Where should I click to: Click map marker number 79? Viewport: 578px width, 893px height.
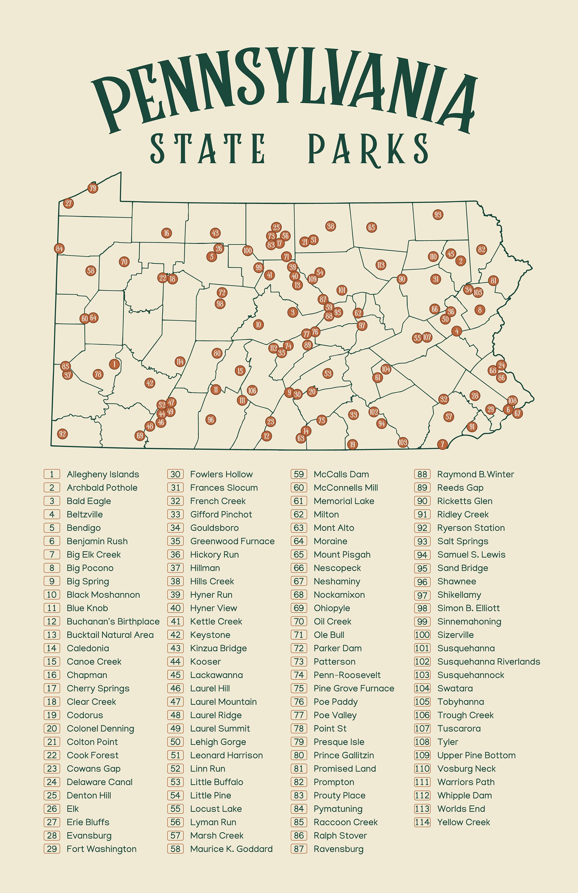pyautogui.click(x=93, y=188)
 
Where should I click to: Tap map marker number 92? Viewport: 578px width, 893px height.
pyautogui.click(x=62, y=434)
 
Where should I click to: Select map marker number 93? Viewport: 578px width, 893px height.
pyautogui.click(x=438, y=215)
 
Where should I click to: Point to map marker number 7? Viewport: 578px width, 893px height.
pyautogui.click(x=443, y=444)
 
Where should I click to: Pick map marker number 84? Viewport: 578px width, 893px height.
pyautogui.click(x=59, y=248)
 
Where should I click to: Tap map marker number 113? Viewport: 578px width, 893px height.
pyautogui.click(x=381, y=265)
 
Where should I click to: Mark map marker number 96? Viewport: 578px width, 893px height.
pyautogui.click(x=211, y=420)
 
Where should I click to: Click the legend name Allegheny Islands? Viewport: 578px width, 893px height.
pyautogui.click(x=103, y=474)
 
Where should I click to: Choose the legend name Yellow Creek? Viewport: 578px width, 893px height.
pyautogui.click(x=464, y=822)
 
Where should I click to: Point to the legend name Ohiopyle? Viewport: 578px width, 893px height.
pyautogui.click(x=332, y=608)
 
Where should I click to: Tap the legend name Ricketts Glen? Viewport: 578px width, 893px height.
pyautogui.click(x=465, y=501)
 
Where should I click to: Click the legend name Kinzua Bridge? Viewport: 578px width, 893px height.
pyautogui.click(x=219, y=648)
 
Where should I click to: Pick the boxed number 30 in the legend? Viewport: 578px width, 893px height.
pyautogui.click(x=175, y=474)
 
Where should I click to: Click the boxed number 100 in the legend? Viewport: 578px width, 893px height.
pyautogui.click(x=422, y=635)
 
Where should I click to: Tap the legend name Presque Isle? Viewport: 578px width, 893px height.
pyautogui.click(x=339, y=742)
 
